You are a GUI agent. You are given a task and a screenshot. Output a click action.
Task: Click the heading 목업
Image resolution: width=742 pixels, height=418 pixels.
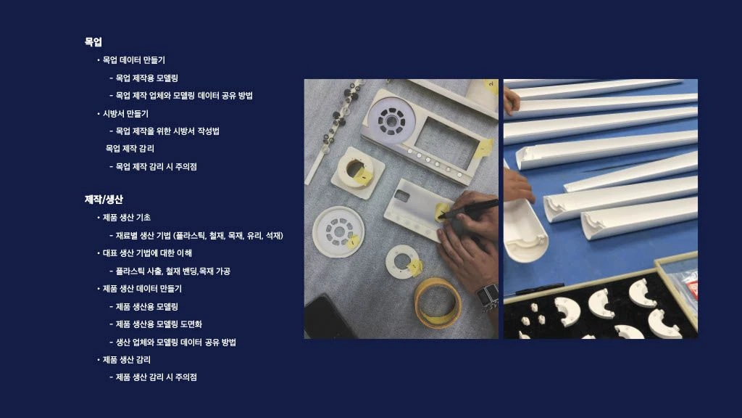(93, 41)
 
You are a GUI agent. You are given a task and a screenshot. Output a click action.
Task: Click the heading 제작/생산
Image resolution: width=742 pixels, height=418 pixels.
(104, 200)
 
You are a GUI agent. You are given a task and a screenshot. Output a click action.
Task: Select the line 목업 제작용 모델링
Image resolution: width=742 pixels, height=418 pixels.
(146, 78)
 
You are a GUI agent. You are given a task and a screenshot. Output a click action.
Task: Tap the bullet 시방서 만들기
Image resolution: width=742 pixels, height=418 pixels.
(125, 114)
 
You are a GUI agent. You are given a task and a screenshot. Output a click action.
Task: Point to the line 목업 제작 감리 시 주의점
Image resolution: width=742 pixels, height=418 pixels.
(157, 166)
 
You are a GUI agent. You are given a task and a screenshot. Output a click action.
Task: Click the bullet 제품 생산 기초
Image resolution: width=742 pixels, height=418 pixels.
(126, 218)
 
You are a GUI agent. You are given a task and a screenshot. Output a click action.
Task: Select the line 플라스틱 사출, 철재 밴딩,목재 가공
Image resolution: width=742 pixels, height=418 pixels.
(172, 271)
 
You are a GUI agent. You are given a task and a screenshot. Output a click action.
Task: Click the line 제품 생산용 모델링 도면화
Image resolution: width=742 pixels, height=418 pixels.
(159, 324)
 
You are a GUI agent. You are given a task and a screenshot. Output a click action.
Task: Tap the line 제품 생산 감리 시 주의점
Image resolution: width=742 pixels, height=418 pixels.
(157, 377)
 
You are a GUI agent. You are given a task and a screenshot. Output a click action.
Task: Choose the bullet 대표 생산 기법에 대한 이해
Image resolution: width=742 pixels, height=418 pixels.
(147, 253)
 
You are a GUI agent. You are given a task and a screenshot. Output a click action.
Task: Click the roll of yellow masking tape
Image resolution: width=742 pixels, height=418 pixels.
(436, 303)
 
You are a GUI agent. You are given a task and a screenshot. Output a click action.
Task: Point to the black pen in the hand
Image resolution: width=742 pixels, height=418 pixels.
(469, 209)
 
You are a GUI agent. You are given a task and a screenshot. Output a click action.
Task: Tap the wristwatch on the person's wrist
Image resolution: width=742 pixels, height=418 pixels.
(487, 297)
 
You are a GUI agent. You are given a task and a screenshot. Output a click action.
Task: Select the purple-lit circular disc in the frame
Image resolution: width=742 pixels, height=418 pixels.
(391, 121)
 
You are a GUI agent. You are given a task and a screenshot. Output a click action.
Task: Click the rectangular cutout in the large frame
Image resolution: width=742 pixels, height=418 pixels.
(446, 143)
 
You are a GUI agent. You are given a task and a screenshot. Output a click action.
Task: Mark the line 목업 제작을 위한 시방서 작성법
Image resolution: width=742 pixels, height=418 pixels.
(167, 131)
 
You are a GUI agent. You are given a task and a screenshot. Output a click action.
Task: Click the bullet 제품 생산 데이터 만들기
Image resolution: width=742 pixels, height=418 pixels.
(142, 289)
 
